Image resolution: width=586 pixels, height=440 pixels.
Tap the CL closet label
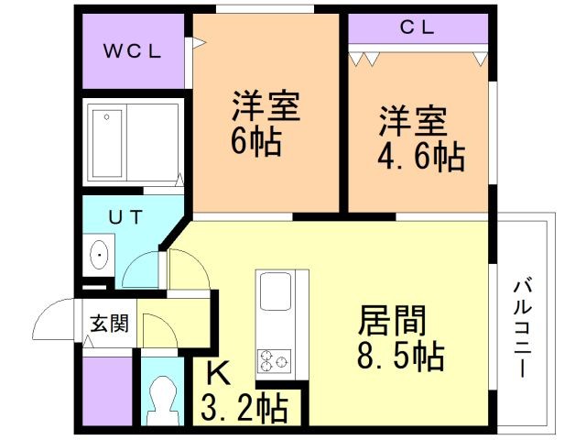[418, 27]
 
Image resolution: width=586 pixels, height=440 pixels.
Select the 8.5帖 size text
[402, 356]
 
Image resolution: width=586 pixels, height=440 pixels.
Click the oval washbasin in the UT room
[98, 253]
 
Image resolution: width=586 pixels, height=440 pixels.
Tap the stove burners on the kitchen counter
[272, 360]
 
